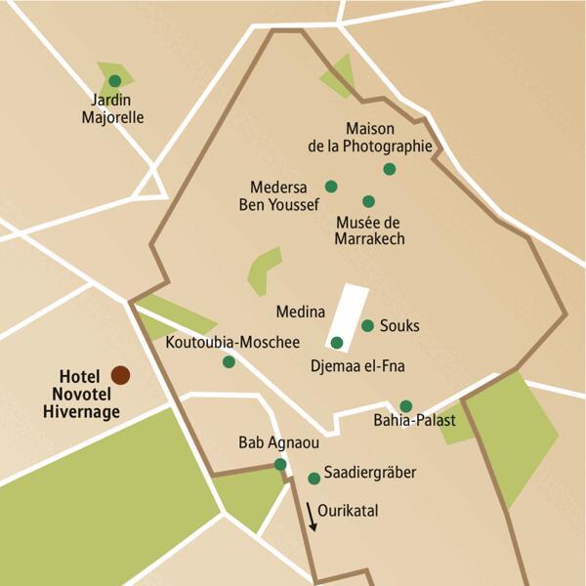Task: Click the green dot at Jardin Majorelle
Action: tap(115, 81)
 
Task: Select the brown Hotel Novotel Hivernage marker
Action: tap(120, 374)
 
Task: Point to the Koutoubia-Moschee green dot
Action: tap(229, 361)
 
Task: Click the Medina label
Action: tap(300, 313)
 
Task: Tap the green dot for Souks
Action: tap(367, 325)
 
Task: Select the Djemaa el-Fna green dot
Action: tap(337, 343)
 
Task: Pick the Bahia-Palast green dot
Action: tap(406, 406)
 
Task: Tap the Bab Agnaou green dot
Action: tap(280, 464)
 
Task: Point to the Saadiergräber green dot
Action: tap(314, 479)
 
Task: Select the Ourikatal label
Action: tap(347, 511)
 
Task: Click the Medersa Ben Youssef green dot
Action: tap(331, 186)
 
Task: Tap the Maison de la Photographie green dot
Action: tap(390, 169)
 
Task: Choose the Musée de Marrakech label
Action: tap(369, 230)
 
